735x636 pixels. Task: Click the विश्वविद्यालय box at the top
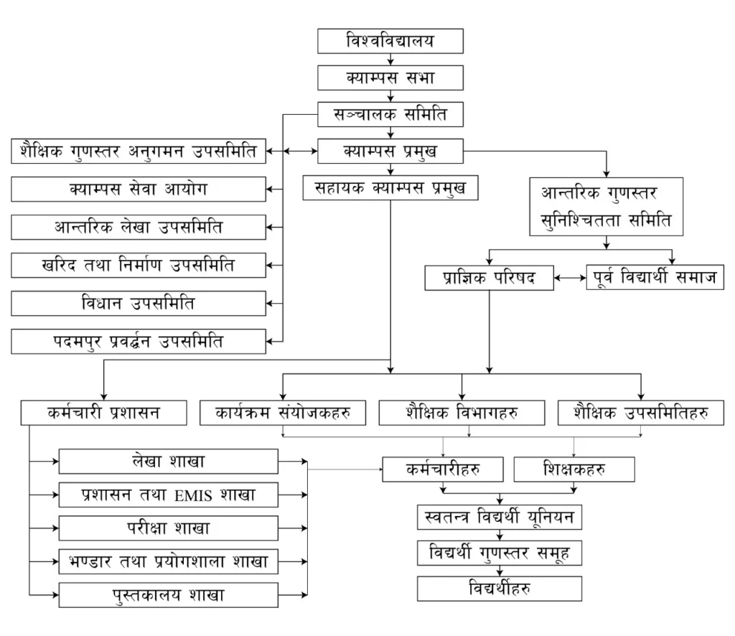(390, 42)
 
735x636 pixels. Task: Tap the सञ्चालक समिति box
(390, 113)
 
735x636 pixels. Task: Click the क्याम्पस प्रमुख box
(390, 151)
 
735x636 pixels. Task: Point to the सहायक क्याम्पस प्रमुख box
(390, 188)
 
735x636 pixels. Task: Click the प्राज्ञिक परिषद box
(489, 278)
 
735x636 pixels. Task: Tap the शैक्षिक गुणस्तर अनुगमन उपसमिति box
(139, 151)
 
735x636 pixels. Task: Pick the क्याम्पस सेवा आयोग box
(139, 190)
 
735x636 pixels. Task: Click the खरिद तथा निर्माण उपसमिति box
(139, 266)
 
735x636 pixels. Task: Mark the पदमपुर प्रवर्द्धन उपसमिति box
(139, 341)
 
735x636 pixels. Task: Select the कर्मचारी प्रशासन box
(104, 413)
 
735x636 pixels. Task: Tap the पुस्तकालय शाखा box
(168, 595)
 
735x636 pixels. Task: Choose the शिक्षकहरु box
(574, 469)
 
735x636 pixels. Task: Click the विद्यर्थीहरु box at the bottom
(498, 589)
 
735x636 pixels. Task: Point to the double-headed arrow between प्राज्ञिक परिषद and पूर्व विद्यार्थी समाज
(571, 278)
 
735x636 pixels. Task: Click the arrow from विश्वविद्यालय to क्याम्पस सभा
(390, 60)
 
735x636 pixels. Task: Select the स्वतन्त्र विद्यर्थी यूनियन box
(498, 517)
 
